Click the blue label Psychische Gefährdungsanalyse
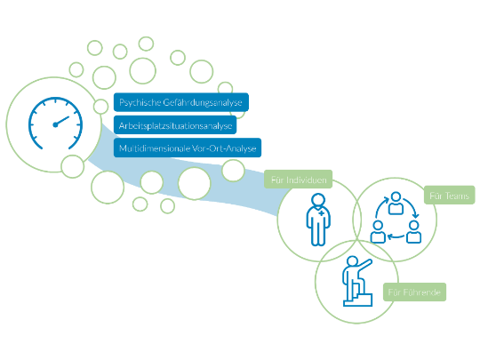coord(181,102)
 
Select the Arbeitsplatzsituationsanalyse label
coord(175,125)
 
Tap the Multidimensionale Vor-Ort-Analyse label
coord(188,148)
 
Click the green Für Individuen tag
coord(298,180)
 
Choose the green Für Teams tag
coord(450,195)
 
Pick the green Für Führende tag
coord(414,292)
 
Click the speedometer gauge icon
coord(55,123)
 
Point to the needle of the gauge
coord(61,121)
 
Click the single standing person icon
coord(318,220)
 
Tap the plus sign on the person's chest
coord(322,212)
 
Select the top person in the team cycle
coord(396,203)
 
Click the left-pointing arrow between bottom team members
coord(396,236)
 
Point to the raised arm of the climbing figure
coord(364,265)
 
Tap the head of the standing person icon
coord(318,200)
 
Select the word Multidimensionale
coord(155,148)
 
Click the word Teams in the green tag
coord(457,196)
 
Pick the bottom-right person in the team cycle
coord(414,232)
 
